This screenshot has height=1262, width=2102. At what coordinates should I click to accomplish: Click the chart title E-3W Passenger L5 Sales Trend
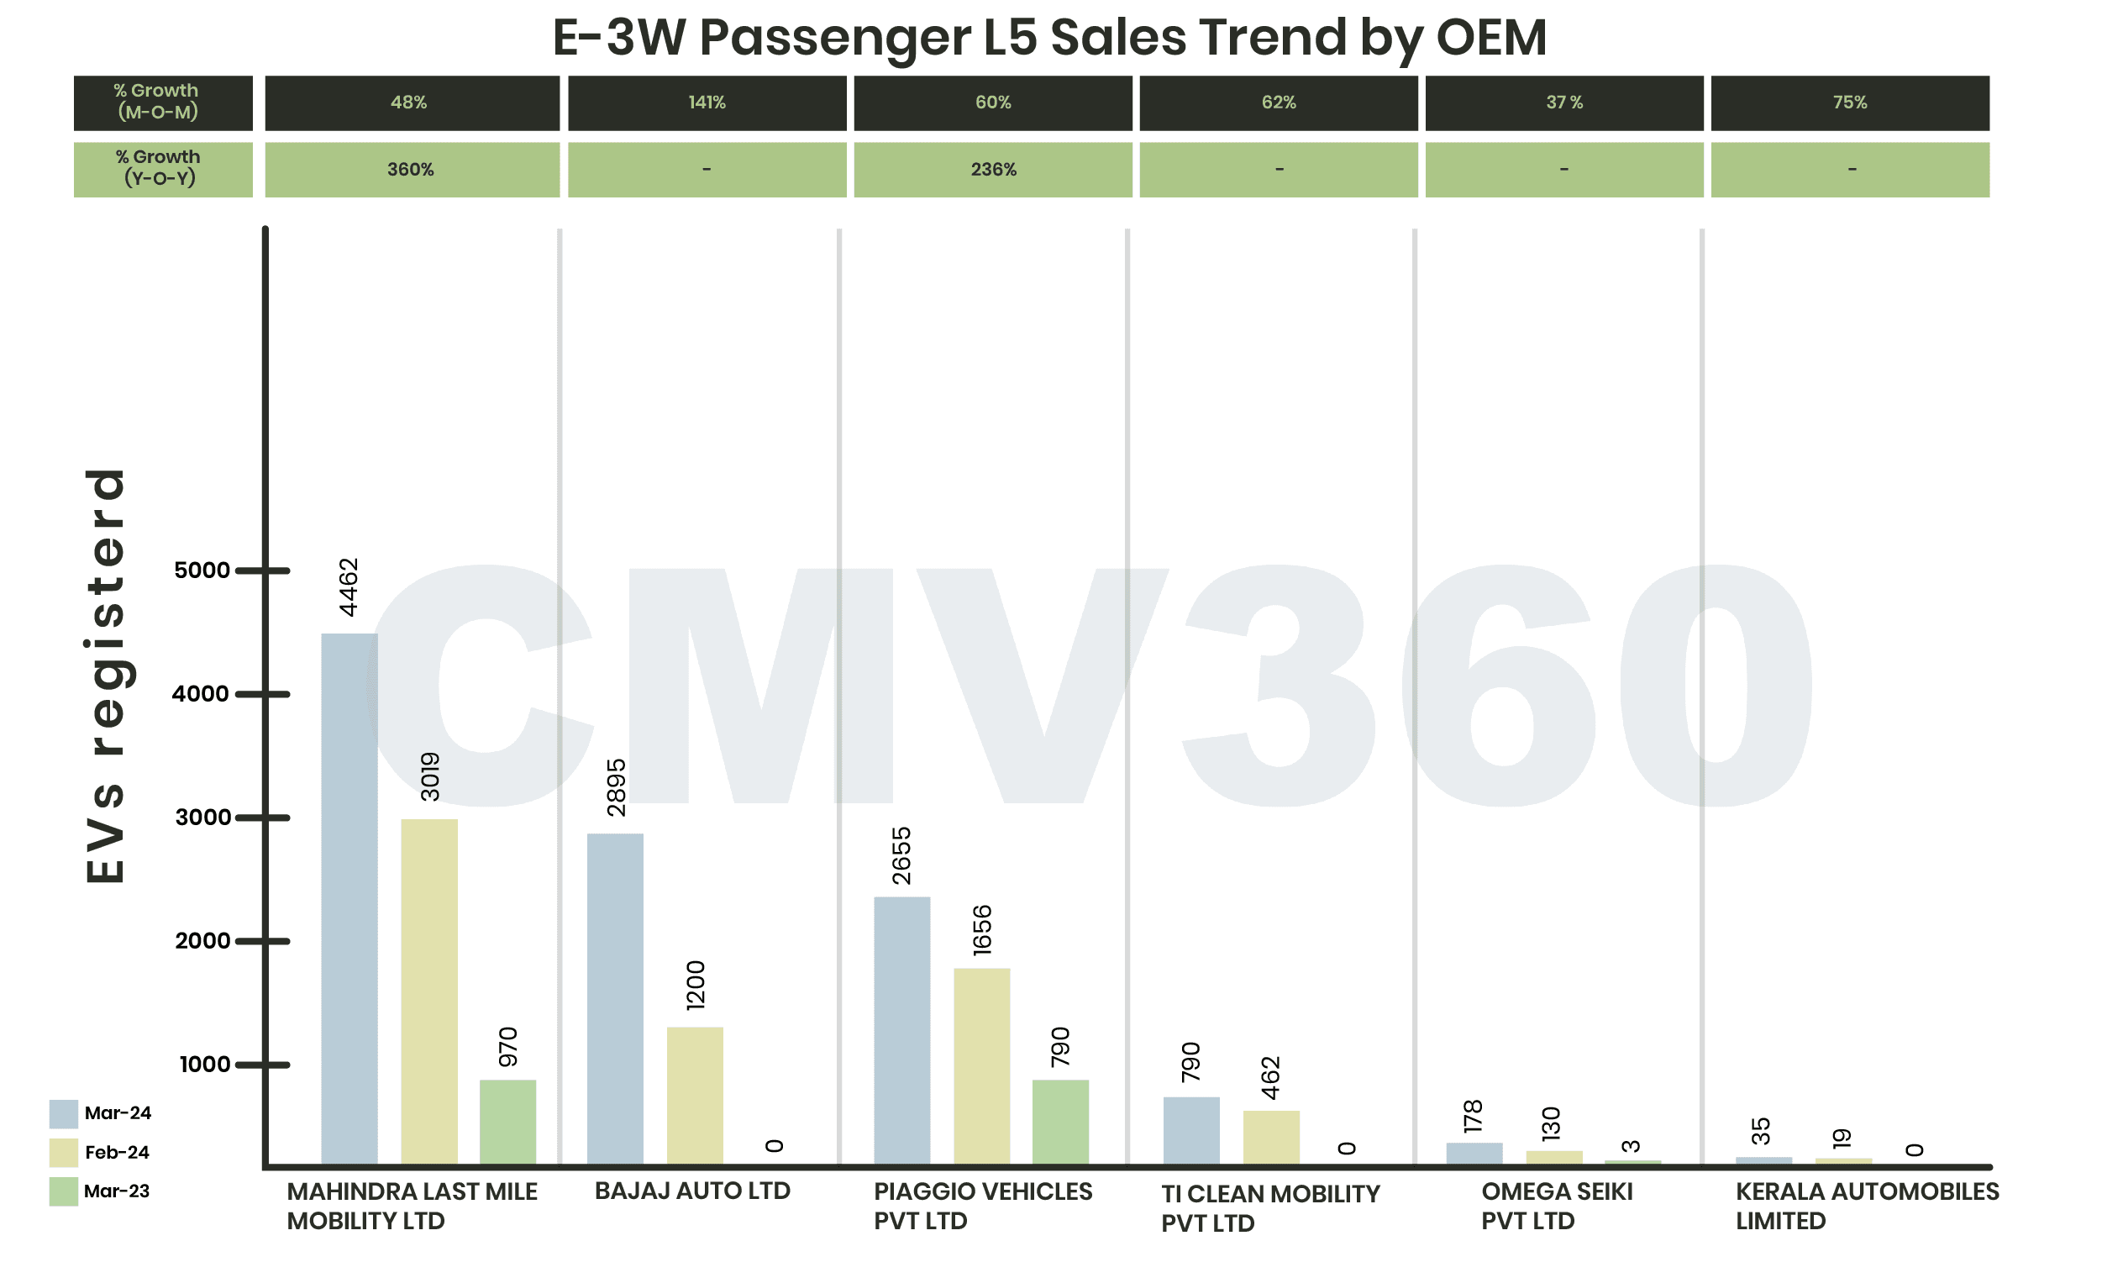point(1048,38)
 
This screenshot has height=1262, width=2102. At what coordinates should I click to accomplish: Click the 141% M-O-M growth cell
point(707,103)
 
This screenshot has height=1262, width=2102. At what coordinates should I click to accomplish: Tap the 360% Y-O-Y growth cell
point(412,170)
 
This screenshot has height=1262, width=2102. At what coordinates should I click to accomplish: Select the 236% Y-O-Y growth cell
point(992,170)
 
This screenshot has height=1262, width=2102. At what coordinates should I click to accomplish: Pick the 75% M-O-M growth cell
point(1849,103)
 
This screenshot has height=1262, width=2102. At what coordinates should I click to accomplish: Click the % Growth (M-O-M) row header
point(162,102)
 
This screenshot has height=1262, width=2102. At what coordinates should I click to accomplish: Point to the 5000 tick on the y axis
point(202,570)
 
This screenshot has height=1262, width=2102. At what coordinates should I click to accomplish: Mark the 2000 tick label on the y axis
point(202,940)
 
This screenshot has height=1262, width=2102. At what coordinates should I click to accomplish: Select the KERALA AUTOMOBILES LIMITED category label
point(1867,1205)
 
